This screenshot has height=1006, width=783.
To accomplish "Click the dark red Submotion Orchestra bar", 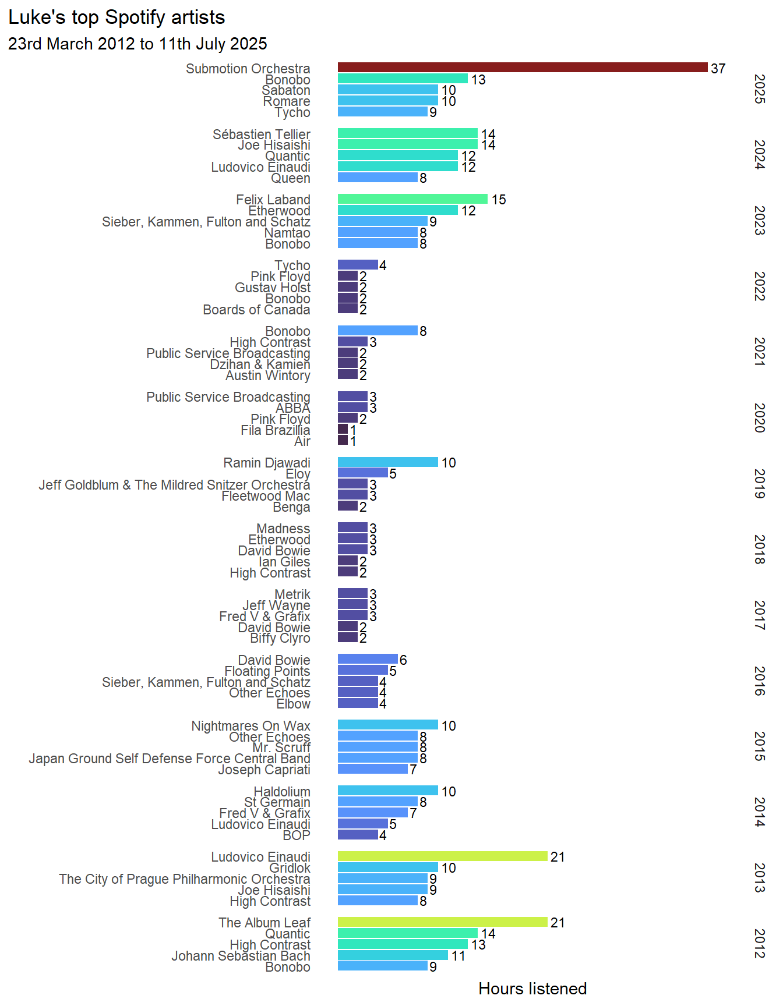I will coord(523,68).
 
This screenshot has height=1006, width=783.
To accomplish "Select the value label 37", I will coord(718,69).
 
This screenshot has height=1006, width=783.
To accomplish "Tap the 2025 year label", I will coord(759,89).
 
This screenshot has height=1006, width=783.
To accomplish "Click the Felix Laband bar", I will coord(412,199).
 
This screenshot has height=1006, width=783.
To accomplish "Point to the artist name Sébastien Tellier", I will coord(261,134).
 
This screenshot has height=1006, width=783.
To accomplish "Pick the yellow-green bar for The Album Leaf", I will coord(443,922).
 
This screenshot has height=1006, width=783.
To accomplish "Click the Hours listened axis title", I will coord(532,989).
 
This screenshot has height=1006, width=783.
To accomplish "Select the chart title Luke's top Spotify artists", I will coord(117,17).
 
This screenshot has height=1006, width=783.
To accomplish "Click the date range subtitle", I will coord(137,44).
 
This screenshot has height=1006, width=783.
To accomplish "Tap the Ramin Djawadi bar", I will coord(388,462).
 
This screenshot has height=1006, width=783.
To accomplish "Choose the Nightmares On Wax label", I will coord(251,726).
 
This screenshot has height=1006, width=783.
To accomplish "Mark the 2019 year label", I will coord(759,484).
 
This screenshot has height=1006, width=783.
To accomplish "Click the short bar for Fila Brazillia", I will coord(343,429).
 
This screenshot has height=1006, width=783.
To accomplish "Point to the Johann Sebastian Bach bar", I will coord(393,955).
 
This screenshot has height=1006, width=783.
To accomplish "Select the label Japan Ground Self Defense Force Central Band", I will coord(170,759).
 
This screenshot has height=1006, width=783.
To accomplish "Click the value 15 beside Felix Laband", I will coord(499,200).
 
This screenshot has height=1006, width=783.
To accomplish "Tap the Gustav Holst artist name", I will coord(273,288).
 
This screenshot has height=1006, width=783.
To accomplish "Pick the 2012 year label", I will coord(759,944).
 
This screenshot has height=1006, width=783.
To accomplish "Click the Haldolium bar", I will coord(388,791).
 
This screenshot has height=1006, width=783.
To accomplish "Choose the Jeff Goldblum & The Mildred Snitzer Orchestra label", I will coord(174,485).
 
